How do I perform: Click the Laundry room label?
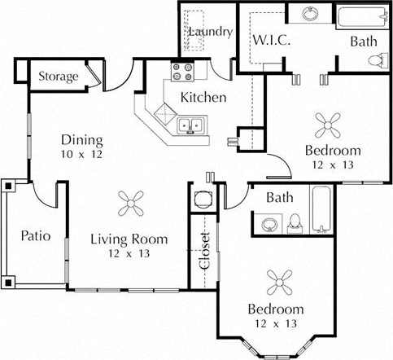pyautogui.click(x=210, y=33)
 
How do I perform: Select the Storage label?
pyautogui.click(x=59, y=77)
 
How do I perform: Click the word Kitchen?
pyautogui.click(x=203, y=97)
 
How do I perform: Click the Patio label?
pyautogui.click(x=35, y=236)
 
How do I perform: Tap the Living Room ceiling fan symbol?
pyautogui.click(x=129, y=202)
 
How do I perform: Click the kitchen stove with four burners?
pyautogui.click(x=180, y=72)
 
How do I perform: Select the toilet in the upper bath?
pyautogui.click(x=376, y=59)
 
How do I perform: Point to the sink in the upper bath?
pyautogui.click(x=310, y=14)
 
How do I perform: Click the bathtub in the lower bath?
pyautogui.click(x=321, y=210)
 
